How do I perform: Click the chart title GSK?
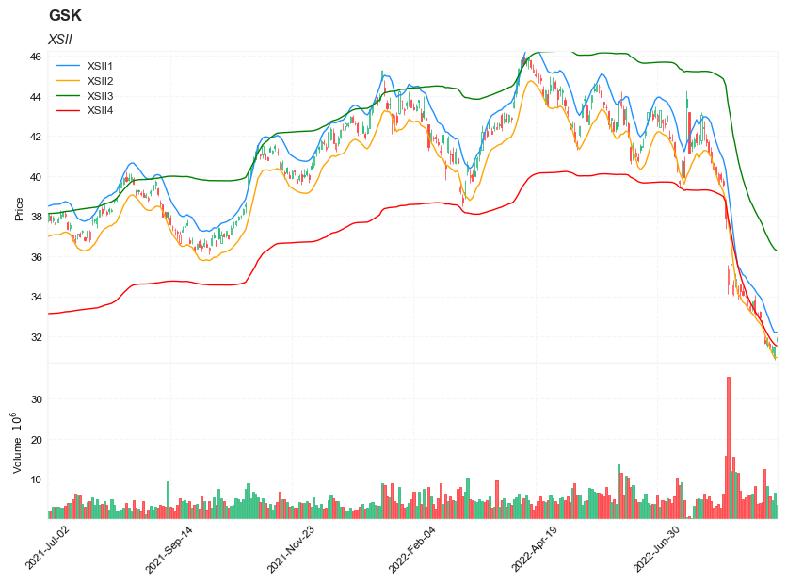tap(65, 16)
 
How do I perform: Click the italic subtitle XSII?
tap(60, 39)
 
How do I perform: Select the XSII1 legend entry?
tap(100, 66)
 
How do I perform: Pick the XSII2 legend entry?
tap(100, 81)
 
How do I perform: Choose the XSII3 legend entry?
tap(100, 96)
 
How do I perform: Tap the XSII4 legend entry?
tap(100, 110)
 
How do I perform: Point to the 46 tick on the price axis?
tap(35, 57)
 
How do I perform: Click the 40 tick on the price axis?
tap(35, 177)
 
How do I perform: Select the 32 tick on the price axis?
tap(35, 337)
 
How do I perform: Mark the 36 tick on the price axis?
tap(35, 257)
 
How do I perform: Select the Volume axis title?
tap(17, 442)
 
